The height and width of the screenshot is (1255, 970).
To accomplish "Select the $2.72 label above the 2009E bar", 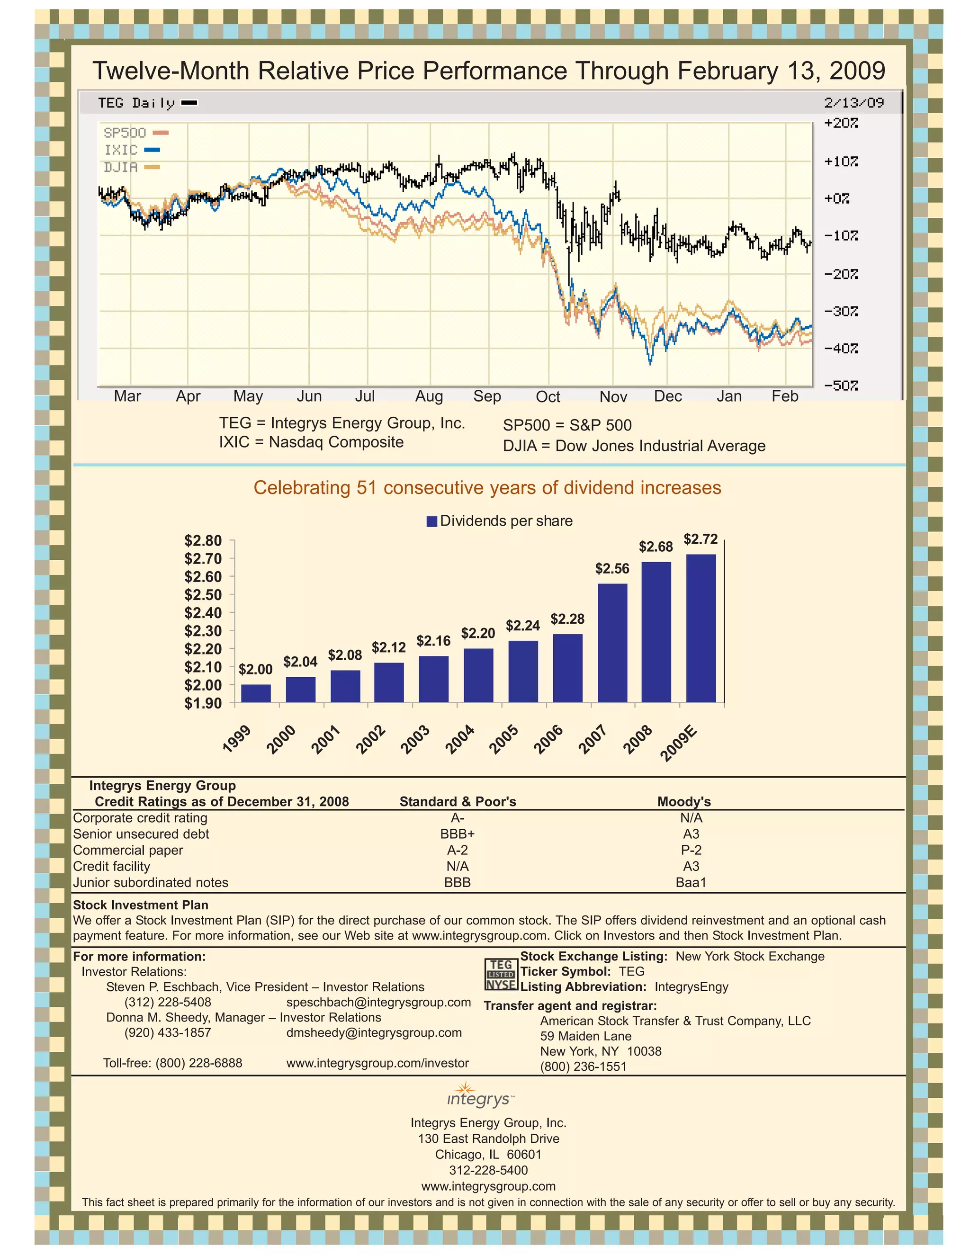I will tap(701, 539).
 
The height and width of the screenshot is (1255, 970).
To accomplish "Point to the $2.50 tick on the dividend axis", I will tap(203, 595).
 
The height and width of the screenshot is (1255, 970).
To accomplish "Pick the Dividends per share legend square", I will tap(432, 521).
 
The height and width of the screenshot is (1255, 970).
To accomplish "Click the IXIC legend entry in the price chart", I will tap(131, 150).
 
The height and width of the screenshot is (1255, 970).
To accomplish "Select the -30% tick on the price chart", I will tap(841, 312).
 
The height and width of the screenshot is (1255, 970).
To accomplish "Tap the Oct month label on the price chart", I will tap(547, 397).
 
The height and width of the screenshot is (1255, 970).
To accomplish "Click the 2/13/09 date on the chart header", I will tap(853, 103).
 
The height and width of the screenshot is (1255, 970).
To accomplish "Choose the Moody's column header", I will tap(684, 802).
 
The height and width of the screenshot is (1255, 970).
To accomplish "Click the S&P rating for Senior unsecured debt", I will tap(458, 834).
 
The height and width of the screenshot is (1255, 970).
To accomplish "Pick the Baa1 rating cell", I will tap(691, 882).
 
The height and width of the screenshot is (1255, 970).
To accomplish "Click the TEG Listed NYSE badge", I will tap(501, 974).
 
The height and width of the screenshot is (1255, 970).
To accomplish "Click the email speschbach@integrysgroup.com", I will tap(378, 1002).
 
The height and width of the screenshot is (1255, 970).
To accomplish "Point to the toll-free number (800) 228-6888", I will tap(172, 1063).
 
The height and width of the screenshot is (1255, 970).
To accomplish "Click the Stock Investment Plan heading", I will tap(140, 905).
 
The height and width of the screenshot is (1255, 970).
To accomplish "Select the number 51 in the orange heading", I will tap(366, 487).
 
